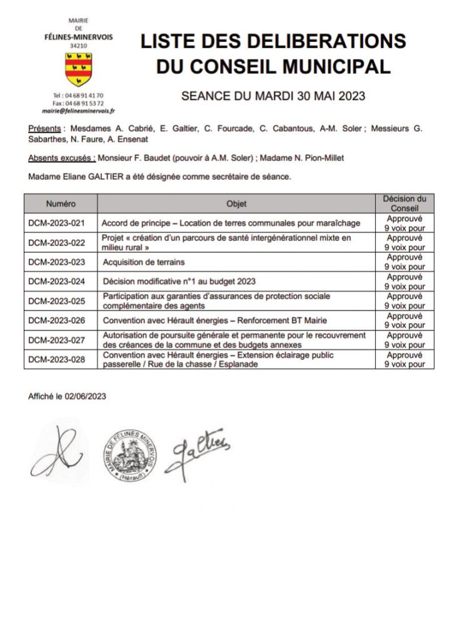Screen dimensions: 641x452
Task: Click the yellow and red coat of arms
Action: coord(78,69)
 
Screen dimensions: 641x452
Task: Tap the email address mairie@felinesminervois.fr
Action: coord(78,110)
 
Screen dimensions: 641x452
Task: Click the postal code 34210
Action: coord(79,46)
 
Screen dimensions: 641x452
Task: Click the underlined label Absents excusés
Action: coord(61,158)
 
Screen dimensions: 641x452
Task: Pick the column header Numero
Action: coord(61,204)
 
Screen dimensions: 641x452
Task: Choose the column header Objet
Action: coord(237,204)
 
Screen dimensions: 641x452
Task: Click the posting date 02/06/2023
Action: coord(86,397)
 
